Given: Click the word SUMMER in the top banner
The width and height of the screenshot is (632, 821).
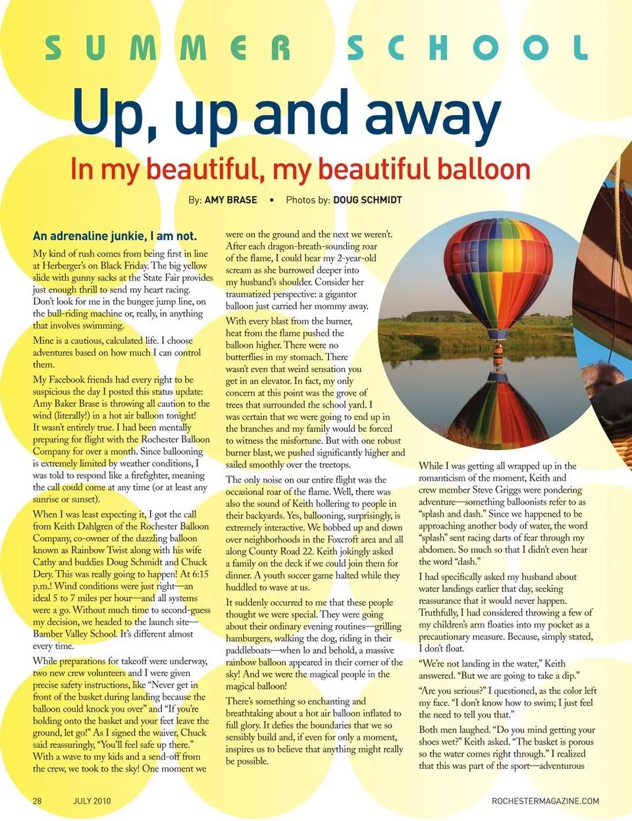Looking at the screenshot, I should pos(168,49).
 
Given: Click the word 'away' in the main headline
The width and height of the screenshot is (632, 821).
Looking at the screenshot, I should pos(433,116).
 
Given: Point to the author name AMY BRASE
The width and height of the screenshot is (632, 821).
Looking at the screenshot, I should pos(230,199).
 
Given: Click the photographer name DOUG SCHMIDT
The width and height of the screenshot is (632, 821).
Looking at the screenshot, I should pos(367,199).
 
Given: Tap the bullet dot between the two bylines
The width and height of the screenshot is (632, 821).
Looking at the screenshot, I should pos(272,199).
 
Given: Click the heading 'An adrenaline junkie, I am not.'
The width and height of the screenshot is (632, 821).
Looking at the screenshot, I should pos(115,236).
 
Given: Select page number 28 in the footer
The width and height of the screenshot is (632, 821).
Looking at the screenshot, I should pos(38,801).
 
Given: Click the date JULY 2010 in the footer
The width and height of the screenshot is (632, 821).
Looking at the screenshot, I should pos(92,801).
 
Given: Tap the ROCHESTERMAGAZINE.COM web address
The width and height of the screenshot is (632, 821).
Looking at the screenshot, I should pos(545,801).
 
